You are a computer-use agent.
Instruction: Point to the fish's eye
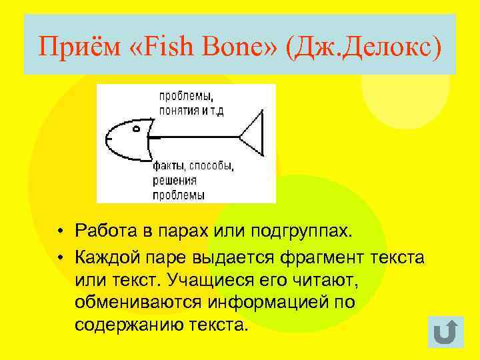pyautogui.click(x=135, y=127)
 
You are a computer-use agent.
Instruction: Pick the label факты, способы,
pyautogui.click(x=193, y=165)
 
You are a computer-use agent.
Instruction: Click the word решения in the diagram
pyautogui.click(x=174, y=180)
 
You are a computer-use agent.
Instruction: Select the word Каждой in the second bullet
pyautogui.click(x=103, y=255)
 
